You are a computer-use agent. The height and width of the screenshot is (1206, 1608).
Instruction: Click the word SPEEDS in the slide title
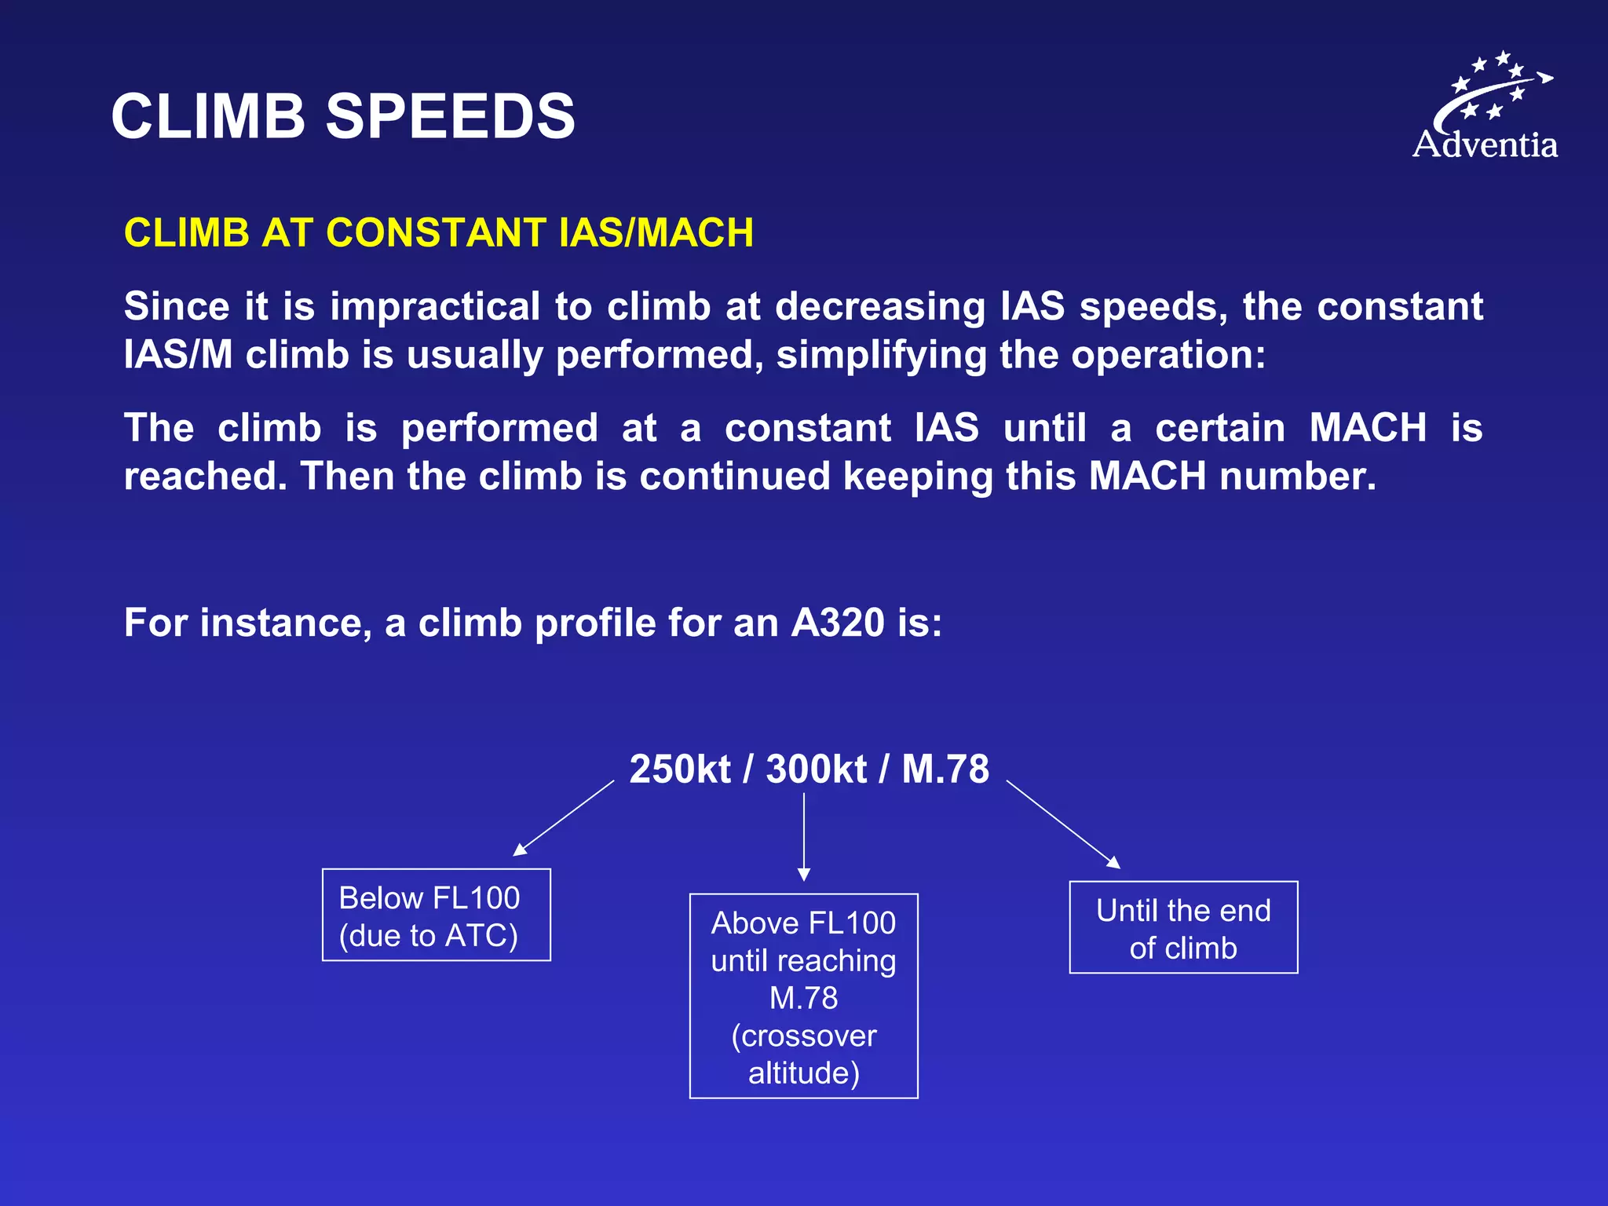(x=451, y=117)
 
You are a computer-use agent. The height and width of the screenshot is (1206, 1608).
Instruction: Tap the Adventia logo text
(x=1485, y=145)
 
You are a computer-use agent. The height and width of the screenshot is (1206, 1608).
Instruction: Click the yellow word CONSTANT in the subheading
(x=436, y=233)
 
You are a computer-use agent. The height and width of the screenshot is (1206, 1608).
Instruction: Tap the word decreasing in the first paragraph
(x=879, y=306)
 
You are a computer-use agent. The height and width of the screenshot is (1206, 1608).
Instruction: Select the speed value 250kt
(x=680, y=769)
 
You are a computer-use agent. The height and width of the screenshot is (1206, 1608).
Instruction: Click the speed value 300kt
(x=817, y=769)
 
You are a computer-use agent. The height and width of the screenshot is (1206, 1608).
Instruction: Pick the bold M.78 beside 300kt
(x=945, y=769)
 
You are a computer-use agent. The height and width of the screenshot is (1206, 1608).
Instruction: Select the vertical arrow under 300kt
(x=803, y=837)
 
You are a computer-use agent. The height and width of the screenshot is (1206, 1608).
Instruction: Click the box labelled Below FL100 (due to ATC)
(x=436, y=915)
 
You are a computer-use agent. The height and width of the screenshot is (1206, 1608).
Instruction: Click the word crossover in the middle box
(x=803, y=1036)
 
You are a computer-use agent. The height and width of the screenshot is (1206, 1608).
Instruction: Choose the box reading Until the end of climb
(x=1183, y=927)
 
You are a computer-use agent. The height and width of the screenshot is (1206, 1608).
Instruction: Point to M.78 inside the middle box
(x=803, y=998)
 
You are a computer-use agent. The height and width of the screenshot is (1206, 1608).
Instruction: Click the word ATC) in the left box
(x=481, y=936)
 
